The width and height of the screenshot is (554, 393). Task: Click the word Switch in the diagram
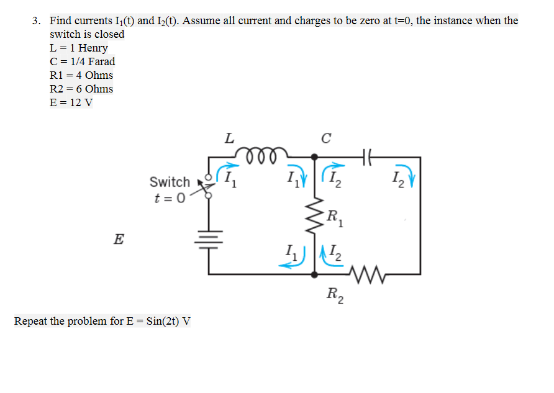[170, 182]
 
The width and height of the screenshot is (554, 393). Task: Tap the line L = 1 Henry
[78, 48]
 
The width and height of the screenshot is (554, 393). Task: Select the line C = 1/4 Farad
[82, 61]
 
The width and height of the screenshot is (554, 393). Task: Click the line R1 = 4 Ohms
[81, 75]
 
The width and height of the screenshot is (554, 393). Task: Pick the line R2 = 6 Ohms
[81, 89]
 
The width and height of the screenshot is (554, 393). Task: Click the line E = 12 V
[71, 102]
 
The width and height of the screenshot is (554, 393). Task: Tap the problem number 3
[36, 21]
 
